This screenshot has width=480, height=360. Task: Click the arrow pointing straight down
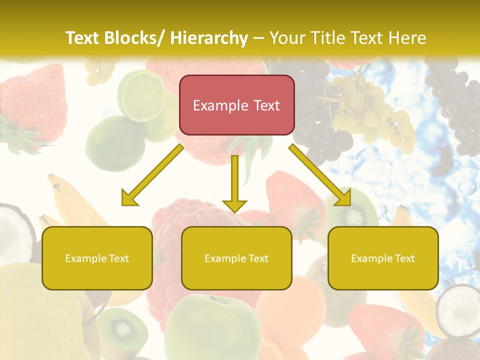point(234,185)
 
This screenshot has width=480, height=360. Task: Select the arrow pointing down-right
point(320,175)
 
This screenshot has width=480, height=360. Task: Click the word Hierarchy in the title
point(209,38)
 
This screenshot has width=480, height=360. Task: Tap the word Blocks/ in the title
point(132,38)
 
